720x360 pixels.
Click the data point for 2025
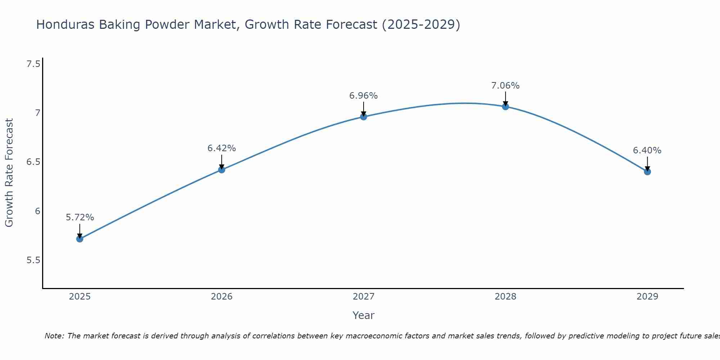coord(80,239)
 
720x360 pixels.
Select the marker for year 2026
coord(222,170)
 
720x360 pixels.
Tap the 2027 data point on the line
coord(364,117)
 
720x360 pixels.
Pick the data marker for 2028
coord(505,107)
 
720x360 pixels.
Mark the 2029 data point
coord(647,172)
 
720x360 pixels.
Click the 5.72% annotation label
coord(80,217)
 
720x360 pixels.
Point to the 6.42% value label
coord(222,148)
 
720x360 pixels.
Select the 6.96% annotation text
coord(364,96)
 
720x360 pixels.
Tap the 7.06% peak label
coord(505,86)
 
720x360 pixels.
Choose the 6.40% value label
coord(647,150)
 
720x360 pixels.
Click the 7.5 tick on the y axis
coord(33,64)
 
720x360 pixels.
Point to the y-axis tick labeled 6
coord(37,211)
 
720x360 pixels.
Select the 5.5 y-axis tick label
coord(33,260)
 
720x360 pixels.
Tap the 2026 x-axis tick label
coord(222,297)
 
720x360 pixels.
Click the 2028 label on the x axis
coord(505,297)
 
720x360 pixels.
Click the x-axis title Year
coord(364,315)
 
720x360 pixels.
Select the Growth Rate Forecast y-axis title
coord(9,173)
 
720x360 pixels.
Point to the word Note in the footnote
coord(54,336)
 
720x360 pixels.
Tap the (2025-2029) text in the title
coord(421,24)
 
